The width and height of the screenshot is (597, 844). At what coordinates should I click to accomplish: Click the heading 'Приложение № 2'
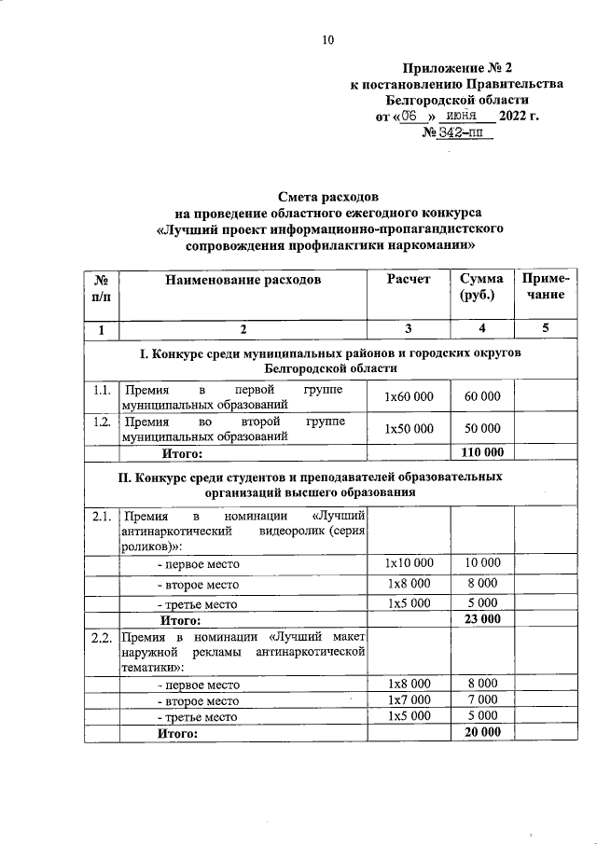[457, 67]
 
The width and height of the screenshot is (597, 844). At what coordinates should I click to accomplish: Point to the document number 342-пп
[457, 133]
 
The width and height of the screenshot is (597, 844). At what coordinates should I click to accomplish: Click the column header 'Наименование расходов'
[243, 279]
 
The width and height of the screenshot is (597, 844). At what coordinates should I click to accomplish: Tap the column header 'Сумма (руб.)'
[481, 286]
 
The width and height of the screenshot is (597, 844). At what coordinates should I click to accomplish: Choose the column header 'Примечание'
[542, 286]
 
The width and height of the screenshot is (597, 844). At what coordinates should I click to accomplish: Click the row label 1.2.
[102, 421]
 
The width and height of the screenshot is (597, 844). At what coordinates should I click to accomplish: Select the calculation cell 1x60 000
[409, 396]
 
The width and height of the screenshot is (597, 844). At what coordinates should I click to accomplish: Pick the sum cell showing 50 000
[482, 428]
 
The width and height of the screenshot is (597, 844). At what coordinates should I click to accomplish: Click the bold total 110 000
[482, 452]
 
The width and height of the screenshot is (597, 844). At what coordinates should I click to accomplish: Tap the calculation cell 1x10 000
[409, 563]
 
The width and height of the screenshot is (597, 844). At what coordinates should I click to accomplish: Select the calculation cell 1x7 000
[409, 699]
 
